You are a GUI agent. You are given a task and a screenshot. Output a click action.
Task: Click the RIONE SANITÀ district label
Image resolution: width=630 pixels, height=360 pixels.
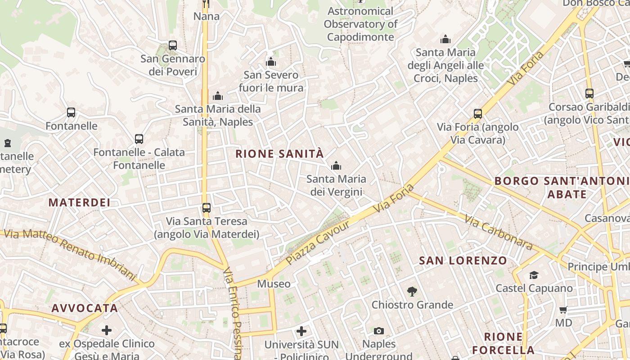coord(279,154)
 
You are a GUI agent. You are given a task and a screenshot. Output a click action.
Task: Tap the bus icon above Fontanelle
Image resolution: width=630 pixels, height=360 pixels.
coord(71,112)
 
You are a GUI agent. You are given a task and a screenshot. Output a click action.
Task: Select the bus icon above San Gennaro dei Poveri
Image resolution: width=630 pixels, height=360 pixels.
coord(172,45)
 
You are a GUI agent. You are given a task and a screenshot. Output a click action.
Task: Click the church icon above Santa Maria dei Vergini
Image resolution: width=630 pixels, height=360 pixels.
coord(336,166)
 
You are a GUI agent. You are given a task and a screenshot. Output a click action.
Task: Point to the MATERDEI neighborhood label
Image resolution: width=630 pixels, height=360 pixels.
coord(79,202)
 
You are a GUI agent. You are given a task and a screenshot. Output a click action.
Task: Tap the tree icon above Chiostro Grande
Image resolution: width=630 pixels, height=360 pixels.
coord(412,292)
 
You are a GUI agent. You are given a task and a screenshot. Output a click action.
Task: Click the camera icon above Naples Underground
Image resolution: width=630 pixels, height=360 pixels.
coord(379,331)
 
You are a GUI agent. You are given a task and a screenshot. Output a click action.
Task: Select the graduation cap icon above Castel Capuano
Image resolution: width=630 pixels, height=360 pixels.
coord(534,275)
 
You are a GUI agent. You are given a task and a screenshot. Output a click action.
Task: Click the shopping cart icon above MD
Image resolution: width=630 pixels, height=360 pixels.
coord(563,310)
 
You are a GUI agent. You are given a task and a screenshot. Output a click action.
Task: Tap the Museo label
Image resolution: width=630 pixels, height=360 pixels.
coord(274,284)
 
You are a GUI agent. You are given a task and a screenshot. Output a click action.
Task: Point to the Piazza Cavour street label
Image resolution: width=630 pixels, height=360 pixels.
coord(318,243)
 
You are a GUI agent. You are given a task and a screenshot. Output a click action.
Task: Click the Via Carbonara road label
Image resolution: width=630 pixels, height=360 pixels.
coord(499,233)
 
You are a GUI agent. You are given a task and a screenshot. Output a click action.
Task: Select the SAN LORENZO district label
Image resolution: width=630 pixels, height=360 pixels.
coord(463,261)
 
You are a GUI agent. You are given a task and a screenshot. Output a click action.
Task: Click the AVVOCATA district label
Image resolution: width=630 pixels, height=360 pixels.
coord(85,308)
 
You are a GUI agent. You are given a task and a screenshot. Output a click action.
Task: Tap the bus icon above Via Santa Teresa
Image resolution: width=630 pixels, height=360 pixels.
coord(206,208)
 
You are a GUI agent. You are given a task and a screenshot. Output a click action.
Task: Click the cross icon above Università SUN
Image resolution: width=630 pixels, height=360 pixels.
coord(301,332)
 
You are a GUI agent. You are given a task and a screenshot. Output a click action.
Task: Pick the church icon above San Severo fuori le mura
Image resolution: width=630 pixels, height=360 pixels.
coord(271,62)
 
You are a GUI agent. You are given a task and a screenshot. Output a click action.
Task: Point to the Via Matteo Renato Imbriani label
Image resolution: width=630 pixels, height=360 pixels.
coord(70,254)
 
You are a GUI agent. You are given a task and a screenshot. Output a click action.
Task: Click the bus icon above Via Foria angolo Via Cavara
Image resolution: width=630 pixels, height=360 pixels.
coord(478,114)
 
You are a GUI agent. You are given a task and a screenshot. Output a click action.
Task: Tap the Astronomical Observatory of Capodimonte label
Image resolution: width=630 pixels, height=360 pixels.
coord(360,24)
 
